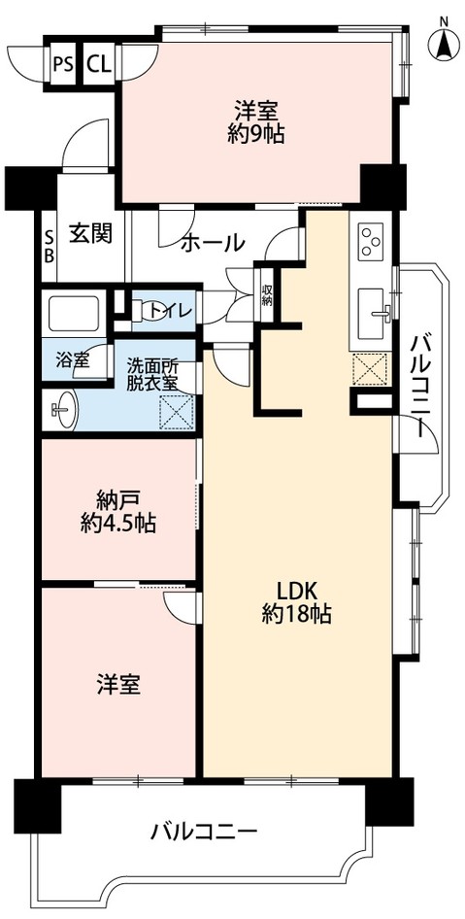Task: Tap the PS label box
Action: pos(63,65)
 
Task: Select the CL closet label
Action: pos(97,65)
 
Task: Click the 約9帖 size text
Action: pos(257,135)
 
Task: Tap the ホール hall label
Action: pos(212,244)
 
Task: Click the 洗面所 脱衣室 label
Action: pos(153,374)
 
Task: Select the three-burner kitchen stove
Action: pos(372,239)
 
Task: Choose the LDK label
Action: pos(296,590)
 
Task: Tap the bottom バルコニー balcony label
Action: pos(204,832)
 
